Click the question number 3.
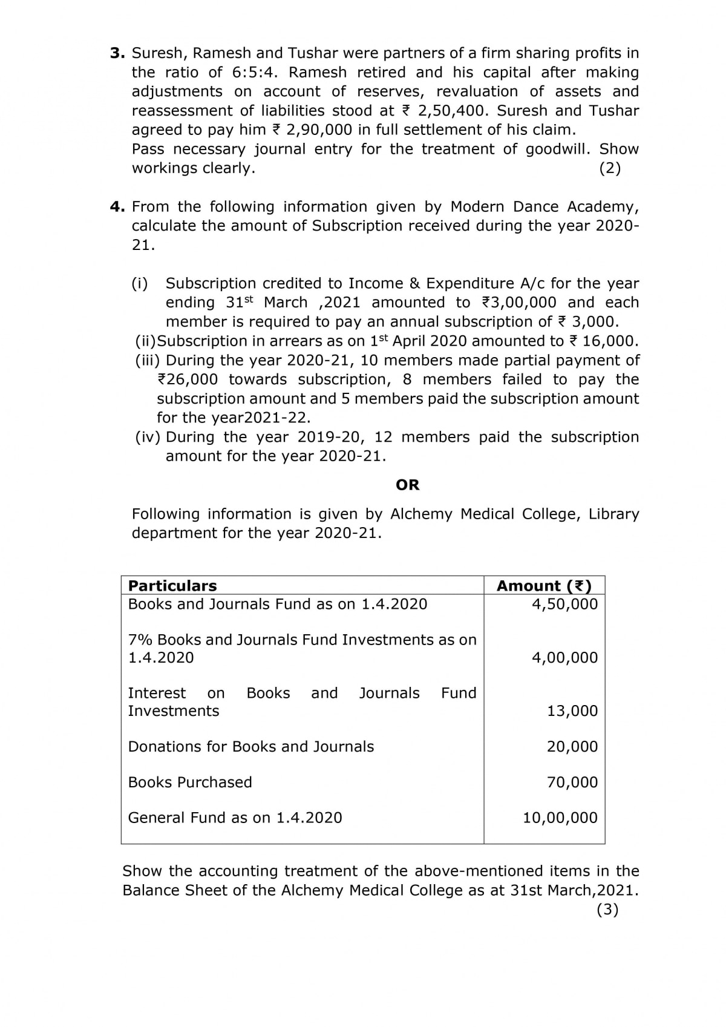click(116, 53)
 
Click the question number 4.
click(117, 207)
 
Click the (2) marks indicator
click(610, 168)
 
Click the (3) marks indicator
click(607, 910)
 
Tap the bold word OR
click(407, 485)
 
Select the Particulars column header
click(172, 586)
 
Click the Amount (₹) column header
click(544, 586)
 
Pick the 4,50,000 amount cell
click(564, 604)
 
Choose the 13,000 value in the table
click(572, 711)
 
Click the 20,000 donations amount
click(572, 747)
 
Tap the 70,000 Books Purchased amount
click(572, 783)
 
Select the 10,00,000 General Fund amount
click(560, 818)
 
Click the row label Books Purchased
click(190, 783)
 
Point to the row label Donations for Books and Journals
click(251, 747)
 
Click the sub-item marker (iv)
click(148, 438)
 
